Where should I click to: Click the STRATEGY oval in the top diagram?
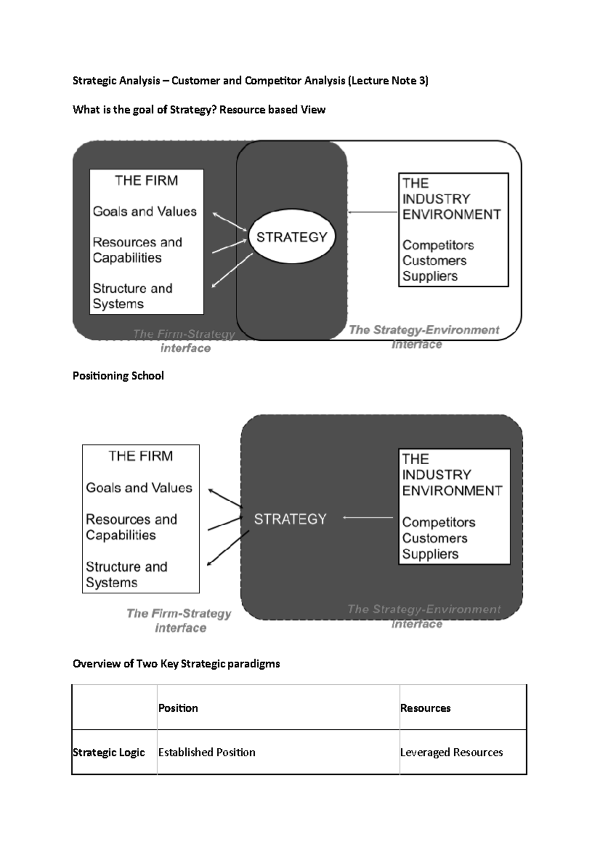coord(291,237)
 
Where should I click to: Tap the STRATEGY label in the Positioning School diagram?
coord(290,519)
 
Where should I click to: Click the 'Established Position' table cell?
coord(206,752)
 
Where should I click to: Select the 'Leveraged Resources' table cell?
coord(451,752)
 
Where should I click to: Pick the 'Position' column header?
coord(178,708)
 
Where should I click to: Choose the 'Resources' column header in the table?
coord(425,708)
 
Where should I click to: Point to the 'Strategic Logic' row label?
coord(108,752)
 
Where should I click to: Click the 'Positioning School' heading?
coord(118,375)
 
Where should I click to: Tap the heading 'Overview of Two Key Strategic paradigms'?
coord(176,663)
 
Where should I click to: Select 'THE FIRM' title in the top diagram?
coord(146,180)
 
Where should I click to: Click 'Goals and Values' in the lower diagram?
coord(139,488)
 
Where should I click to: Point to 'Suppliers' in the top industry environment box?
coord(430,276)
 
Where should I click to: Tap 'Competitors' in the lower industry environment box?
coord(438,522)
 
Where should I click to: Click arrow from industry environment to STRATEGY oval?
coord(372,212)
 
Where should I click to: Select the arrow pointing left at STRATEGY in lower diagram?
coord(368,518)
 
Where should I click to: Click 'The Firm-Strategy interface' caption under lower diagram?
coord(179,620)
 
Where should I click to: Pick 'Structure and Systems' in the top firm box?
coord(132,296)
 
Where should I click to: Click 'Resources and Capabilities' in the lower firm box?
coord(131,527)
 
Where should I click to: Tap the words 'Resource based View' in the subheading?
coord(272,110)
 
